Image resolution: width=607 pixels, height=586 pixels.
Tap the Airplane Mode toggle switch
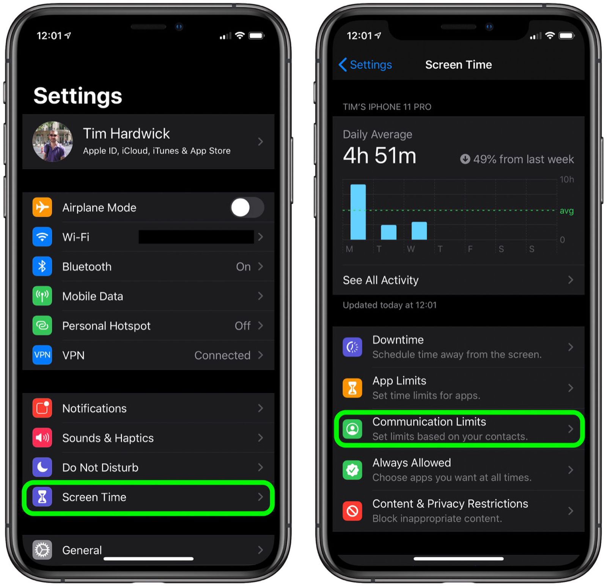pyautogui.click(x=247, y=208)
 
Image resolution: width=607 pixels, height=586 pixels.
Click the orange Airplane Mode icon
pyautogui.click(x=42, y=207)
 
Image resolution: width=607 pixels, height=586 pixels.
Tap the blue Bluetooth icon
pyautogui.click(x=42, y=266)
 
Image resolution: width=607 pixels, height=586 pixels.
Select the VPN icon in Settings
pyautogui.click(x=42, y=355)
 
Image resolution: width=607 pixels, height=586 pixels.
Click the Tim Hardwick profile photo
pyautogui.click(x=53, y=142)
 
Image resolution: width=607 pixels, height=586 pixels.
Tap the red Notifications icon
pyautogui.click(x=42, y=408)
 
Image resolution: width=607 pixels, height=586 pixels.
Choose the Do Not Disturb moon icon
pyautogui.click(x=42, y=467)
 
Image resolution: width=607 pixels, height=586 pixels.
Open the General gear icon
pyautogui.click(x=42, y=550)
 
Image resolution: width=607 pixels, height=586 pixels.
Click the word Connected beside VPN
pyautogui.click(x=222, y=355)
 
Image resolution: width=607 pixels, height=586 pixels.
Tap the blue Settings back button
pyautogui.click(x=365, y=65)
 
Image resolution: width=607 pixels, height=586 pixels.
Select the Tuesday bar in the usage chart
pyautogui.click(x=388, y=232)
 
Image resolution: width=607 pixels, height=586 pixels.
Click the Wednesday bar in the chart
pyautogui.click(x=419, y=231)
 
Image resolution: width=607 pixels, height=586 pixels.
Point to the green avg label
pyautogui.click(x=566, y=211)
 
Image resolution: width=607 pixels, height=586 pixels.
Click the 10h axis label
pyautogui.click(x=567, y=180)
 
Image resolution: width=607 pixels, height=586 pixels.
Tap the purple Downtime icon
pyautogui.click(x=352, y=347)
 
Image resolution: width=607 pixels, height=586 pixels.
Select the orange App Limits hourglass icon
pyautogui.click(x=352, y=388)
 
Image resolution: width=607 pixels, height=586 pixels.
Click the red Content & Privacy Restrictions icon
pyautogui.click(x=352, y=511)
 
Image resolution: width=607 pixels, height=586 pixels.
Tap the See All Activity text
pyautogui.click(x=381, y=280)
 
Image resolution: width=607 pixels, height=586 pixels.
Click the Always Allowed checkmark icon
pyautogui.click(x=352, y=470)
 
